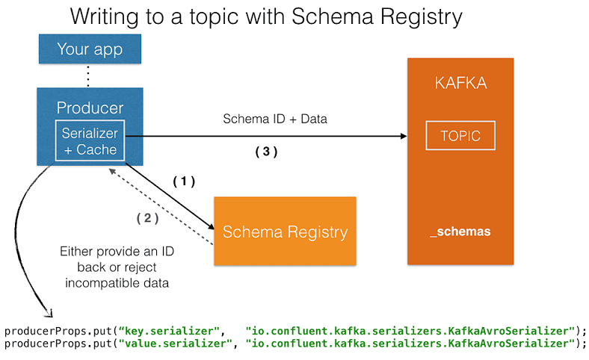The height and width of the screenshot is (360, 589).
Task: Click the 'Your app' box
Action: click(x=89, y=51)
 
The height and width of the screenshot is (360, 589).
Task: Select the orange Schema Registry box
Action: click(x=285, y=231)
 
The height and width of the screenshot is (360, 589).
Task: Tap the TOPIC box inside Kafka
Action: click(x=460, y=137)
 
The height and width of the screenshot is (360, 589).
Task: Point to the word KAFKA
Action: click(x=460, y=83)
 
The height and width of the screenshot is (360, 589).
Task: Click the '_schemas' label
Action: click(x=460, y=232)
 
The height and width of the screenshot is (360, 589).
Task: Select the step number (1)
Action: click(x=184, y=181)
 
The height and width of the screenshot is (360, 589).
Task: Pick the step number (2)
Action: click(x=148, y=219)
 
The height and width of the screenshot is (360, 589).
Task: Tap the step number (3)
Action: click(x=266, y=152)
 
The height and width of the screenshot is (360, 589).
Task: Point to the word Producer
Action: click(x=90, y=108)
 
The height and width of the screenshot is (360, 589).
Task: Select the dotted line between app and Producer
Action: click(x=88, y=75)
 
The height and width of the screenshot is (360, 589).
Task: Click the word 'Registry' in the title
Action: click(x=420, y=16)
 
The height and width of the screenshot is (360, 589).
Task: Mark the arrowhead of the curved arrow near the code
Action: click(x=50, y=312)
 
